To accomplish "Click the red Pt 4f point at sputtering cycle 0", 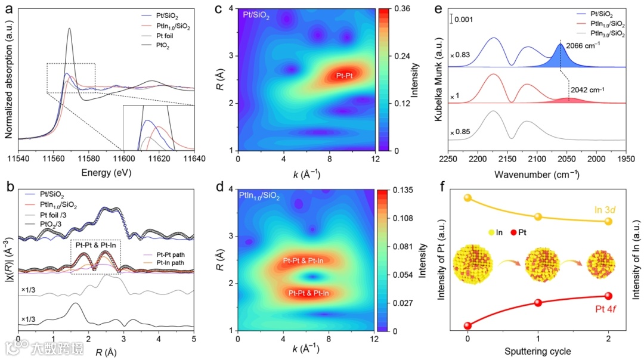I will (467, 325).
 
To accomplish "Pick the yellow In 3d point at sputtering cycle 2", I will (608, 221).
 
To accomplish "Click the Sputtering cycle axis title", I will (538, 351).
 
